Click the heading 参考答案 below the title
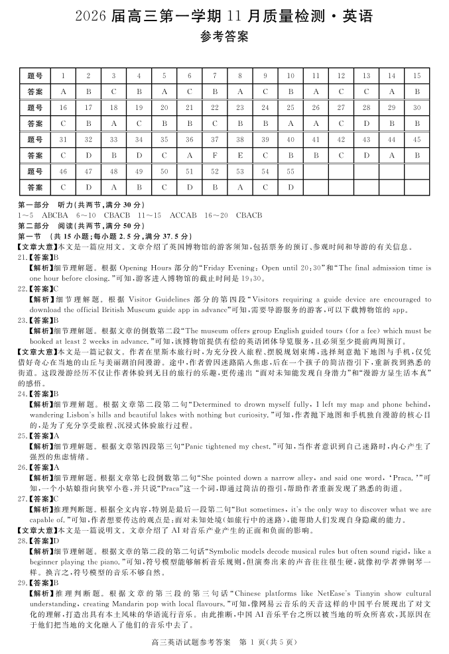(x=224, y=38)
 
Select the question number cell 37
(x=215, y=139)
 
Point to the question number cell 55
(x=290, y=171)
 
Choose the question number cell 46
(x=63, y=171)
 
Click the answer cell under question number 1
(x=63, y=91)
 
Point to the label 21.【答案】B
(x=39, y=256)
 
